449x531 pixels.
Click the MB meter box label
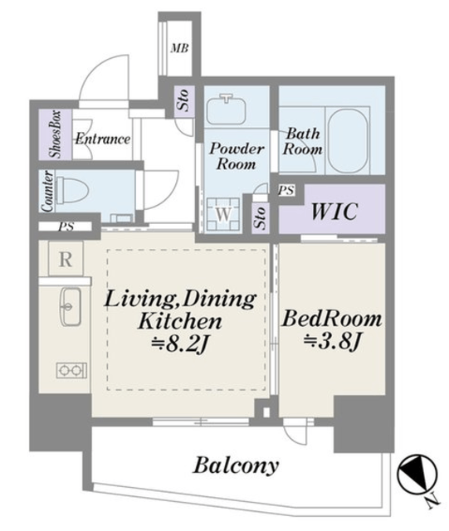(179, 48)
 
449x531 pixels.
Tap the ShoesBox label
(56, 134)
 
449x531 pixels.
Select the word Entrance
(102, 139)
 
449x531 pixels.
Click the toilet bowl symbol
(72, 190)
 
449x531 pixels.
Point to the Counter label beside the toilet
(47, 191)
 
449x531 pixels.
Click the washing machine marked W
(223, 214)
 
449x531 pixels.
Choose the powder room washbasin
(226, 108)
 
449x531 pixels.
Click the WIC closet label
(334, 212)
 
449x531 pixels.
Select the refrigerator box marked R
(66, 259)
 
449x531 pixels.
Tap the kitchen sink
(71, 306)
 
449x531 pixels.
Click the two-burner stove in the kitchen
(71, 371)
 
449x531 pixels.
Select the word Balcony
(236, 466)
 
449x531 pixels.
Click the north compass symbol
(417, 474)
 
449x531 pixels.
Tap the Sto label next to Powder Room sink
(183, 100)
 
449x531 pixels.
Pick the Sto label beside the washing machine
(261, 217)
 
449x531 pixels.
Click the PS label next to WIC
(286, 191)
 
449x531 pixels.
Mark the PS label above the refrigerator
(66, 227)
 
